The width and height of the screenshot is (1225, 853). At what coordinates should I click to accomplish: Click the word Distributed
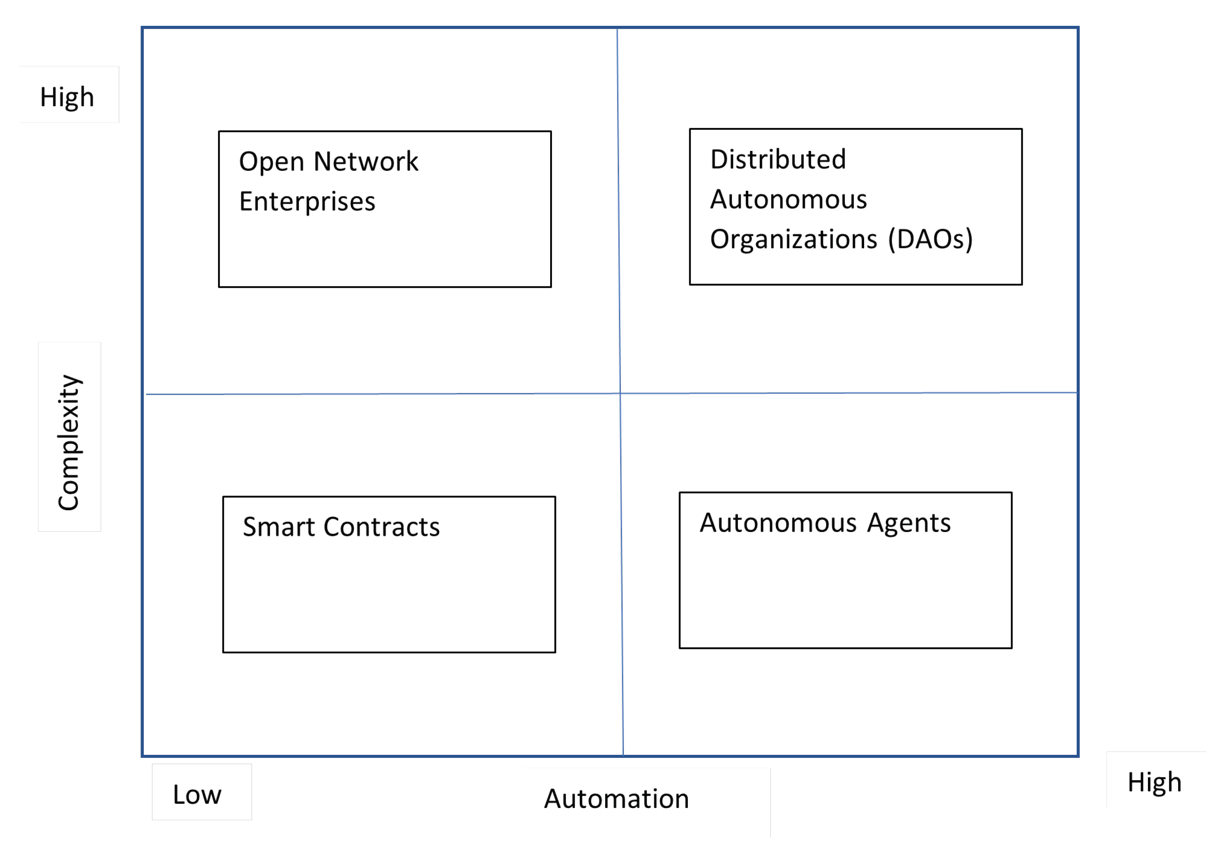[777, 159]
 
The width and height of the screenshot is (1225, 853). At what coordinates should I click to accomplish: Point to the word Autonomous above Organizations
[788, 200]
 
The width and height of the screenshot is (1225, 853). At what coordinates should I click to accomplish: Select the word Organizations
[793, 239]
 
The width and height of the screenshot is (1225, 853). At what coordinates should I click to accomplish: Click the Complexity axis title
[69, 442]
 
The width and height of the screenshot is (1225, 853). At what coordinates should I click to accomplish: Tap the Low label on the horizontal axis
[197, 794]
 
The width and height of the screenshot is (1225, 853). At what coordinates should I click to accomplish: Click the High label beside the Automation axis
[1154, 782]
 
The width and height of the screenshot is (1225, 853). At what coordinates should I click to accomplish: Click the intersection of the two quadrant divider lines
[620, 393]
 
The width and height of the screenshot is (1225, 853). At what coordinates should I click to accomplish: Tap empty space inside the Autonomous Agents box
[845, 592]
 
